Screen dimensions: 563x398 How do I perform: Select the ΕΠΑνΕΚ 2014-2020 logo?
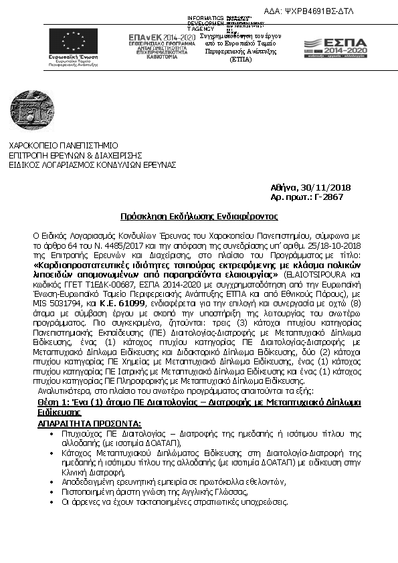[x=162, y=46]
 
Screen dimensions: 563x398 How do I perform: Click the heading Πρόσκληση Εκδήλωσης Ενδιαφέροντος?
[x=198, y=217]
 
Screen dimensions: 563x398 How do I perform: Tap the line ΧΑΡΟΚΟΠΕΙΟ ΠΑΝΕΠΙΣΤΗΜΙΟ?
[x=63, y=145]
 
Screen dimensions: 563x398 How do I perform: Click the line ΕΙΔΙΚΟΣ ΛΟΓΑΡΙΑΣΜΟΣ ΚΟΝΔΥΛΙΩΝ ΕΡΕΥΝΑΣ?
[x=92, y=163]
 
